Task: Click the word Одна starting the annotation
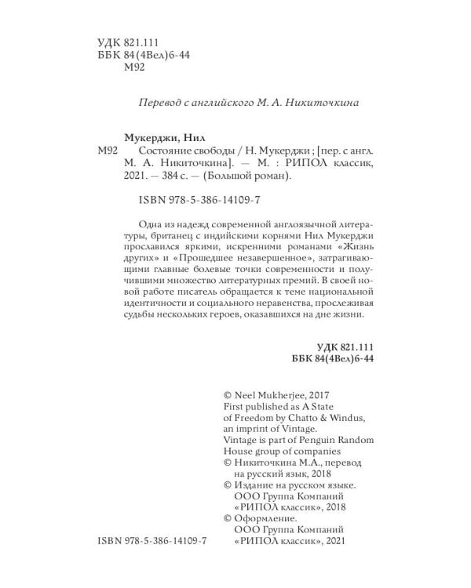150,222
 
